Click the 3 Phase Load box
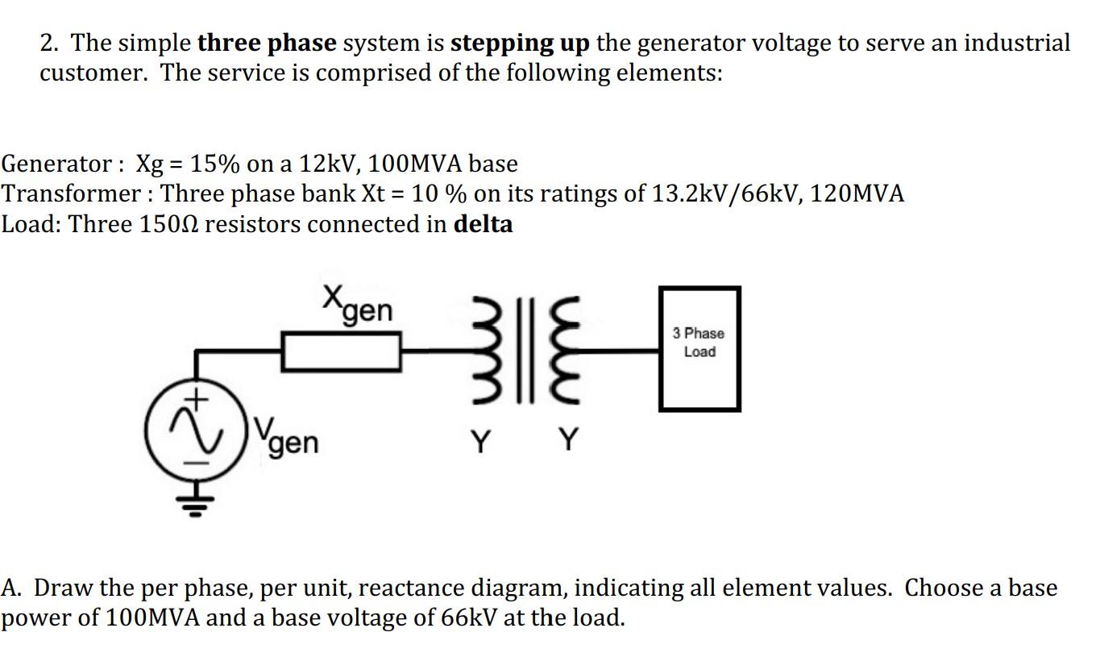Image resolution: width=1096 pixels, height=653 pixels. (x=699, y=348)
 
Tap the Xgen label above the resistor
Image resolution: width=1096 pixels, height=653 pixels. (x=358, y=304)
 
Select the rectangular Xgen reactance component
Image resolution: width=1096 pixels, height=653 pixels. (x=342, y=352)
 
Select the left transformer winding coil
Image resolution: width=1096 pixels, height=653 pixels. (x=491, y=351)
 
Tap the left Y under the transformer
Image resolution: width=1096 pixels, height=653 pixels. (x=480, y=441)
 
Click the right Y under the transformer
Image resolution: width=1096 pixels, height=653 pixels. (x=569, y=441)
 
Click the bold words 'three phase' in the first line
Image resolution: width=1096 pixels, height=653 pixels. (x=266, y=43)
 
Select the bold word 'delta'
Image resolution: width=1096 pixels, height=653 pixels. (x=483, y=223)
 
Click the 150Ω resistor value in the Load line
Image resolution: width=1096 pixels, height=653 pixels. (x=169, y=223)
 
